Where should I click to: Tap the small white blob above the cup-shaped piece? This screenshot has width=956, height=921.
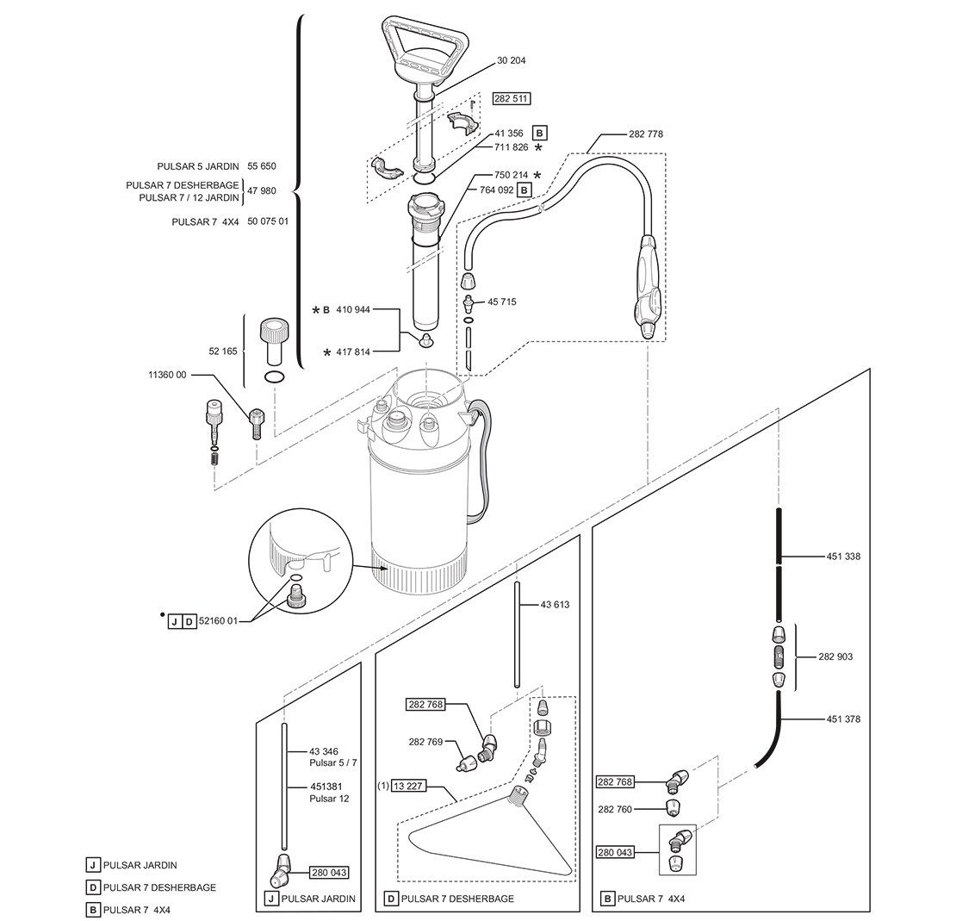point(647,252)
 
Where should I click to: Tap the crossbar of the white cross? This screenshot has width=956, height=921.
point(268,605)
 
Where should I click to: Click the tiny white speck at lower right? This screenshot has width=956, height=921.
point(755,765)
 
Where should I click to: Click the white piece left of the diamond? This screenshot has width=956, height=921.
point(399,389)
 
